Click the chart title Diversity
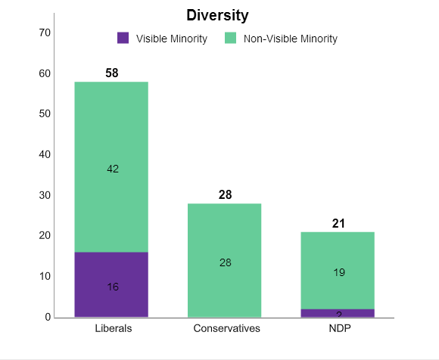(217, 15)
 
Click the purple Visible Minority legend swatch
(123, 39)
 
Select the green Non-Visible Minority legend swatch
(231, 39)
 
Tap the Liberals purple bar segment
(111, 284)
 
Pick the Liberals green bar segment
(111, 166)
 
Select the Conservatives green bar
(225, 260)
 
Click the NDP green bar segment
(338, 270)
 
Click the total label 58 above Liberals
(112, 73)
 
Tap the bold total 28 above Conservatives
(225, 195)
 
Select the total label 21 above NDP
(338, 224)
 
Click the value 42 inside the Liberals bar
(113, 169)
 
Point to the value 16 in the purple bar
(113, 287)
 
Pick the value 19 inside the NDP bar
(339, 272)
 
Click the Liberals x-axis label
(114, 328)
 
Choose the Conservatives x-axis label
(226, 328)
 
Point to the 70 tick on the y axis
(45, 33)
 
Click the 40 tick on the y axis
(45, 154)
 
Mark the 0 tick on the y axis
(48, 317)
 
